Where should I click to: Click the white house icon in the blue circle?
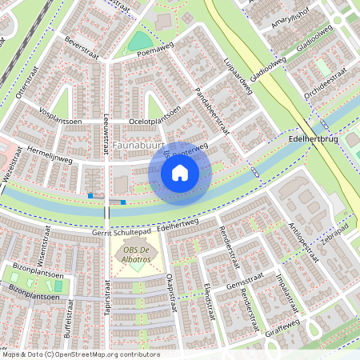(180, 173)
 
